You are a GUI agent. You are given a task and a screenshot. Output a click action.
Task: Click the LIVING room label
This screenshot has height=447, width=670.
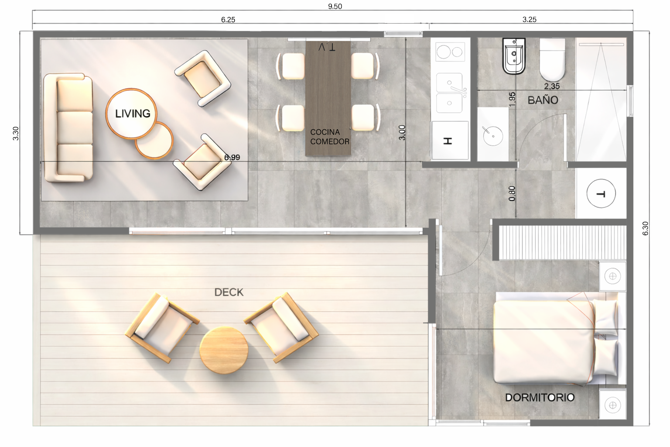click(133, 113)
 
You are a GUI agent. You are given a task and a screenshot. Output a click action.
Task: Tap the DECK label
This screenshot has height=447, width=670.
click(229, 292)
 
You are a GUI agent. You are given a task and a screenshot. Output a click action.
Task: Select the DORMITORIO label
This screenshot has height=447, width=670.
click(540, 397)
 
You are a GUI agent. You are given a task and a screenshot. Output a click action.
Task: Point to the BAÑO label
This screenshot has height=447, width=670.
click(543, 100)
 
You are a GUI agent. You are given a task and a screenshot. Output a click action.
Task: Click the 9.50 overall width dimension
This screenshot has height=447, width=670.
click(335, 6)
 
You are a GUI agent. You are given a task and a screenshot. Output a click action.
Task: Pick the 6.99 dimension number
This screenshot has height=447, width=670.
click(232, 157)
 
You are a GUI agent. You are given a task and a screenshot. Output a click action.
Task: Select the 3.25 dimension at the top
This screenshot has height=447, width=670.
click(529, 20)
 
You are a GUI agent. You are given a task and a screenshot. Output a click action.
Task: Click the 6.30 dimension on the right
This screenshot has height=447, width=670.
click(645, 228)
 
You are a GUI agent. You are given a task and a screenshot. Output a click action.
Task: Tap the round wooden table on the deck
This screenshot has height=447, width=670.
click(224, 350)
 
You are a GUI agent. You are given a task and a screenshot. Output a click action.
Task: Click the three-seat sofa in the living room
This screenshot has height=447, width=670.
click(68, 128)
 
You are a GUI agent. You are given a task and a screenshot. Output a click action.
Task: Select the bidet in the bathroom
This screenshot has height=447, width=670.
click(514, 56)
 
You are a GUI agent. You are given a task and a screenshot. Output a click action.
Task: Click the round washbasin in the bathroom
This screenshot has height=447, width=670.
click(493, 136)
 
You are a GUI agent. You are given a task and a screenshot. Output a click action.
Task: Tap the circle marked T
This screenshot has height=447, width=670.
click(601, 193)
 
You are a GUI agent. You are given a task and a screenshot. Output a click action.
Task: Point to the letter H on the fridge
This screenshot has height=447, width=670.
click(448, 141)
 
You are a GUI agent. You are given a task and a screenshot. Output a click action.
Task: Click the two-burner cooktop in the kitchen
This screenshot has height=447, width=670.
click(450, 52)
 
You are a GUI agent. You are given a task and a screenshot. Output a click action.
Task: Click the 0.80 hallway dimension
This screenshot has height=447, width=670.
click(512, 193)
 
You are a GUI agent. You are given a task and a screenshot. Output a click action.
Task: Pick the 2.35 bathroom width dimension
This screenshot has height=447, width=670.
click(552, 86)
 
